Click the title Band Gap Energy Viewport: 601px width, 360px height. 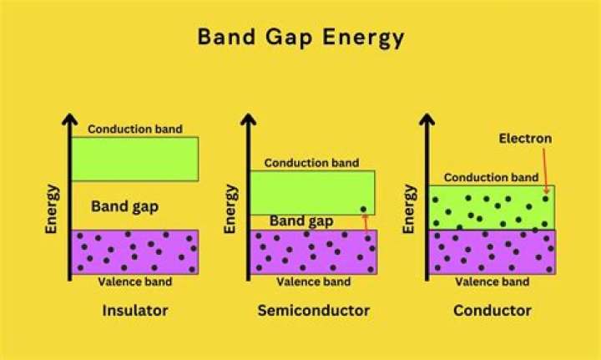coord(300,38)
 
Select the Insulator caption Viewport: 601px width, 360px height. coord(135,311)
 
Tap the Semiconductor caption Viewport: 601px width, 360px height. coord(313,311)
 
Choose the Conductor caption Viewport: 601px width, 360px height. coord(492,311)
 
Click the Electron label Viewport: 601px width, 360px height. coord(525,138)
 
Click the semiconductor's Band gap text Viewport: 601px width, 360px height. coord(301,221)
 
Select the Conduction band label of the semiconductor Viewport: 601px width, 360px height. coord(311,163)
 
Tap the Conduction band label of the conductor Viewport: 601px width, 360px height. coord(491,177)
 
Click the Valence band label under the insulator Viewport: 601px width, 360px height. coord(135,281)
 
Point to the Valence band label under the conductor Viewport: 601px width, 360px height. coord(492,281)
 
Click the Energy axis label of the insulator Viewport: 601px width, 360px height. coord(52,210)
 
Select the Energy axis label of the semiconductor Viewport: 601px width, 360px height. coord(232,210)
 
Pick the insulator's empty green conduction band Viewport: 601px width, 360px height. coord(134,159)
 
